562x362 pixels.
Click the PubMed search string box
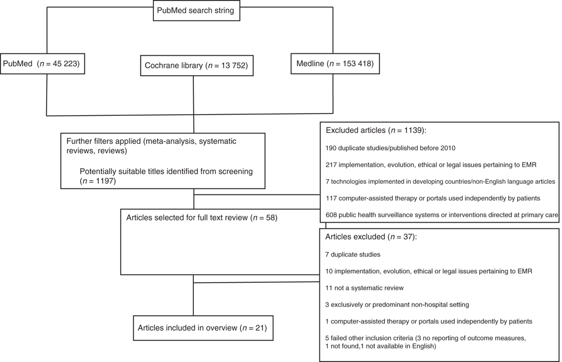196,10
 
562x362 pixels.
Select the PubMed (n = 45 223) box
42,64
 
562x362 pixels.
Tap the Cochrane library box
197,66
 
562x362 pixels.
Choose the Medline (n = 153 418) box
335,64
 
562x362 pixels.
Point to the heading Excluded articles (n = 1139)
376,130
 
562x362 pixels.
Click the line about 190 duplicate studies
391,148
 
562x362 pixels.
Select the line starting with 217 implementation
431,165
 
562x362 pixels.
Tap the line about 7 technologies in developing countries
441,182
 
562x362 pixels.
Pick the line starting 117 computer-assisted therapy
433,198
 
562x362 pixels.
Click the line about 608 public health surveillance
442,215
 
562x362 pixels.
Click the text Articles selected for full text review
187,218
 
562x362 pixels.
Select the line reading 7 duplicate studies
353,255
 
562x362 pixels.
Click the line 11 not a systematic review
365,288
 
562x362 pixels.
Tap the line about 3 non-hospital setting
397,305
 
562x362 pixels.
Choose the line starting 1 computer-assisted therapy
429,322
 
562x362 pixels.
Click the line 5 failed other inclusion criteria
426,342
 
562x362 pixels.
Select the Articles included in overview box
203,328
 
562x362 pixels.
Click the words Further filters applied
103,141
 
